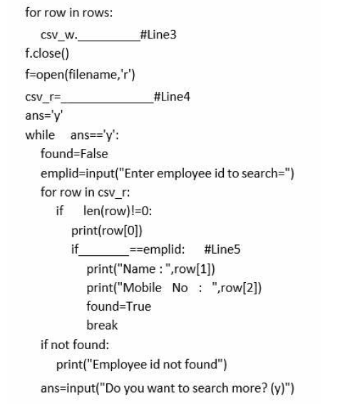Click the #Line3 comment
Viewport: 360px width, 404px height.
coord(158,34)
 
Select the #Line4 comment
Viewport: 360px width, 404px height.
coord(172,97)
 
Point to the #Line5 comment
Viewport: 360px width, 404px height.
coord(222,249)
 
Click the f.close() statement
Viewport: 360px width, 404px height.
coord(47,53)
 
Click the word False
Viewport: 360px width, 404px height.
coord(94,154)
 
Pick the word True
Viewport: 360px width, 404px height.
coord(138,306)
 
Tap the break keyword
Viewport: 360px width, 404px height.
coord(102,325)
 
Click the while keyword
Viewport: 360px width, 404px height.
coord(40,135)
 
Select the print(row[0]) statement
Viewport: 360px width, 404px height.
coord(107,231)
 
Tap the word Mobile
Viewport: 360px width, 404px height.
coord(143,288)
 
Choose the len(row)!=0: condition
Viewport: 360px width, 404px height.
coord(118,212)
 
